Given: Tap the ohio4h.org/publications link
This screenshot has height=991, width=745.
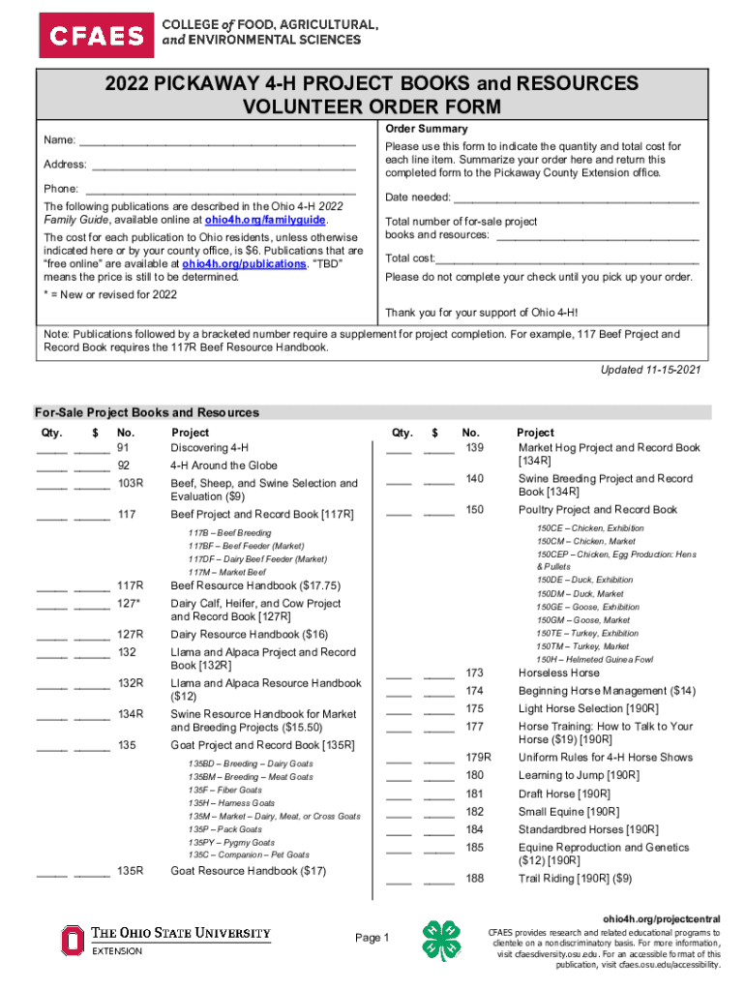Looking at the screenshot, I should point(244,262).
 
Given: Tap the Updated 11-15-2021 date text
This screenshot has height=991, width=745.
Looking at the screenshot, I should point(650,370).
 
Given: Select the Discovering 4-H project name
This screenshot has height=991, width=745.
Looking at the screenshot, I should point(209,448).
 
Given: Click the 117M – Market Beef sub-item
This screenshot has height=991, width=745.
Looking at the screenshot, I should point(226,572).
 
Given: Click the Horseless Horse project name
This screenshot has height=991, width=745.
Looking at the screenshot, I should point(558,673).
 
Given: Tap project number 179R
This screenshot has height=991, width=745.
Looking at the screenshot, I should point(478,757).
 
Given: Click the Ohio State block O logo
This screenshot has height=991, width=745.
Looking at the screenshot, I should point(73,940).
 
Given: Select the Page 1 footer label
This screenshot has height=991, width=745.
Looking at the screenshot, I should point(372,938).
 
